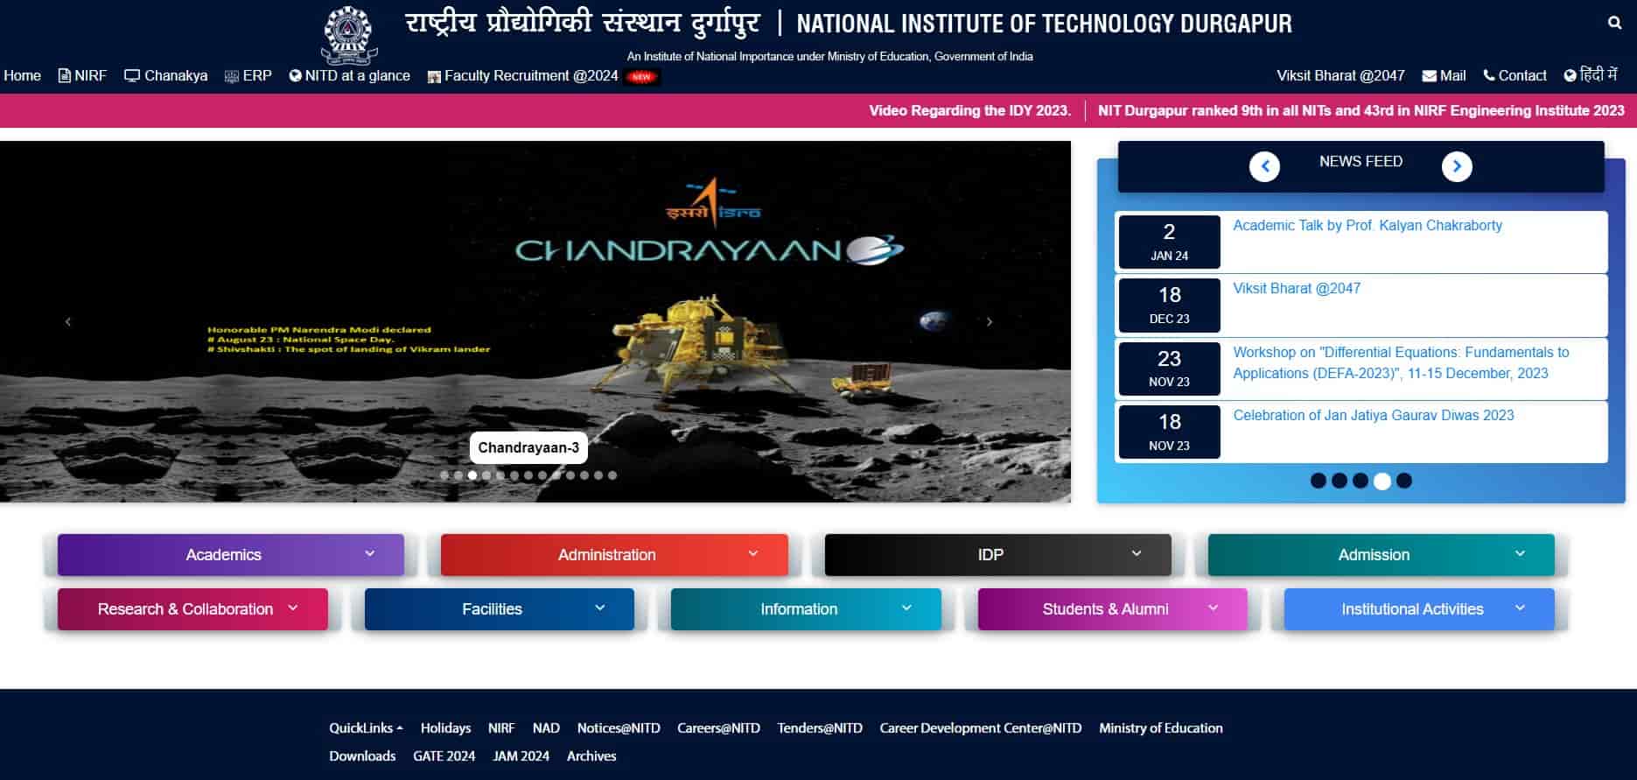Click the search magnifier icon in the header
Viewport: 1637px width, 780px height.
pos(1614,23)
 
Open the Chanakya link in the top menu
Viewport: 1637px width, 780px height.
pos(166,75)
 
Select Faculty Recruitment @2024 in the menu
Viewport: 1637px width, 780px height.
pos(530,75)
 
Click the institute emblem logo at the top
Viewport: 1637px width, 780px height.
pos(348,34)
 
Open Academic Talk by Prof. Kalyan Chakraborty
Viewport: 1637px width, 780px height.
pos(1367,225)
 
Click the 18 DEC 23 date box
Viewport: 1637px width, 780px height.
pos(1169,305)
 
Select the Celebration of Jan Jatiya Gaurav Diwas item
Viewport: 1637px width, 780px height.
pos(1373,415)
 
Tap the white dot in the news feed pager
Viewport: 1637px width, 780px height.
pos(1382,481)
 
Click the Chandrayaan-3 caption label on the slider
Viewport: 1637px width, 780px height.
pos(528,447)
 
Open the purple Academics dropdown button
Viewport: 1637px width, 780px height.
pos(231,554)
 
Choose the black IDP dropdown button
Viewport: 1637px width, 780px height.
pos(997,554)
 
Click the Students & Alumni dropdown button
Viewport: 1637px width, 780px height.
pos(1112,608)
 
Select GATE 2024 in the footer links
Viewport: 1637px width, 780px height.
pos(444,755)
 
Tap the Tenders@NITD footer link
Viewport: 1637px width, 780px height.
pos(819,727)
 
